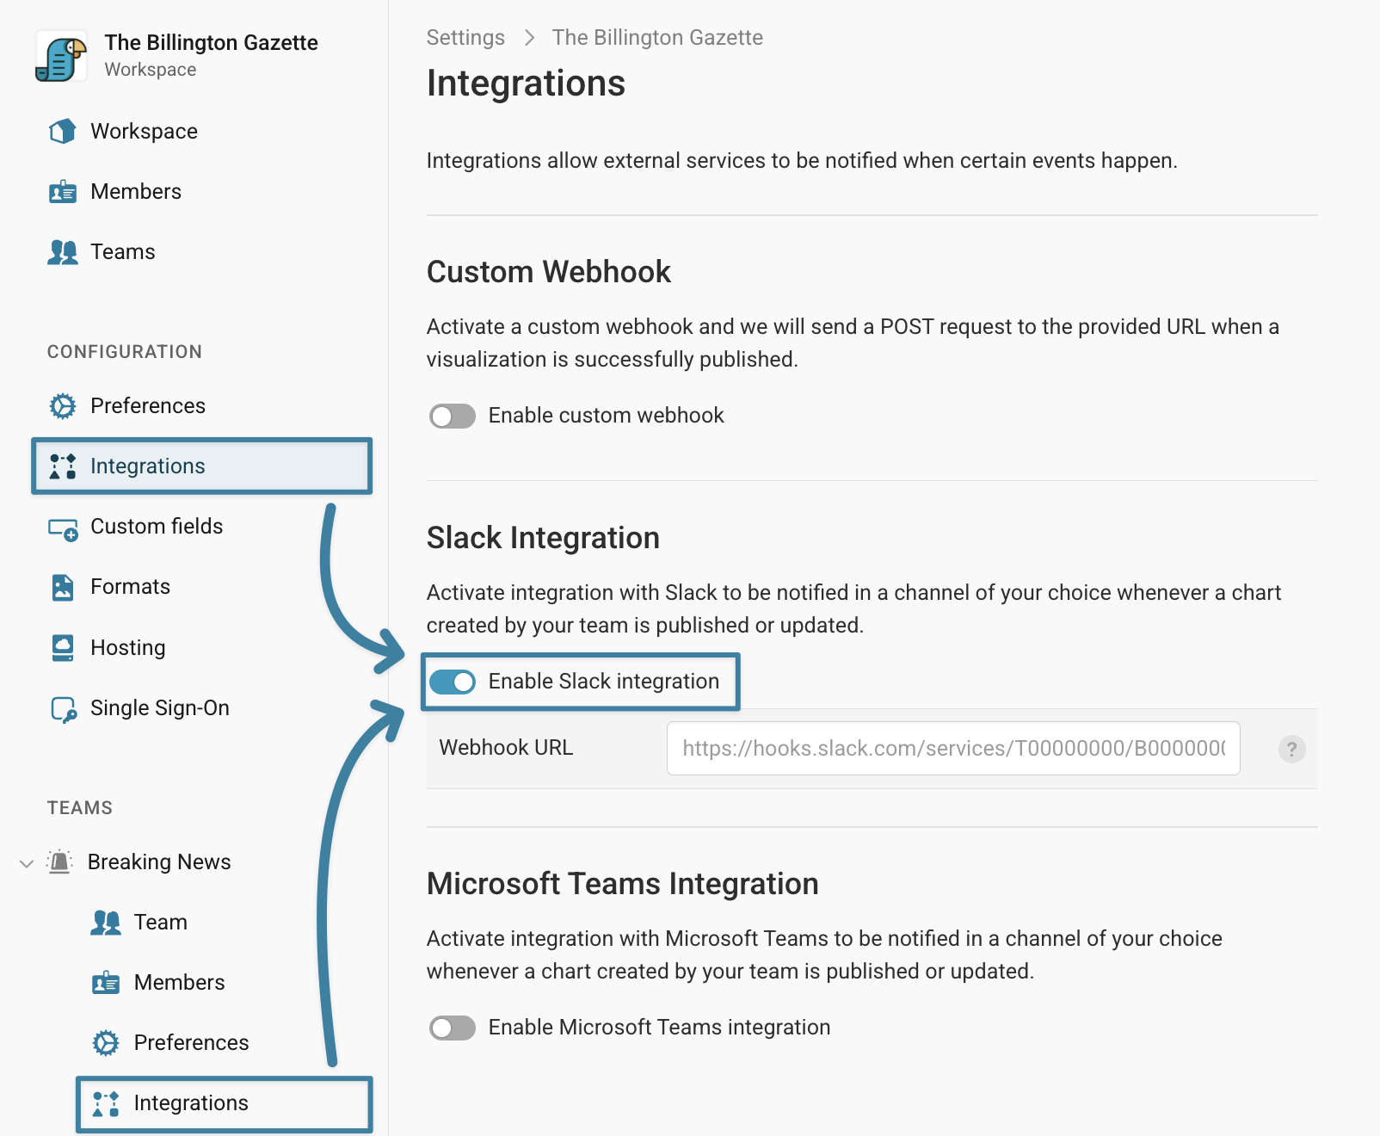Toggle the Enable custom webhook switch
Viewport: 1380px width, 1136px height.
pyautogui.click(x=453, y=417)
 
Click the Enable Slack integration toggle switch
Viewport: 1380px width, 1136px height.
pyautogui.click(x=453, y=682)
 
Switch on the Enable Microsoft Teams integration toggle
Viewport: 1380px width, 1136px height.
pyautogui.click(x=453, y=1028)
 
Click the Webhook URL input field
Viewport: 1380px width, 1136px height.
pyautogui.click(x=953, y=749)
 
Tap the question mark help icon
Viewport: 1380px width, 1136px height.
pyautogui.click(x=1291, y=750)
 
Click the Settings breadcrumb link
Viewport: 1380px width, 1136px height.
pyautogui.click(x=465, y=37)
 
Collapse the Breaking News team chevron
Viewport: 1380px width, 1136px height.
pyautogui.click(x=27, y=864)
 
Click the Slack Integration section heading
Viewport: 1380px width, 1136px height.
pyautogui.click(x=543, y=539)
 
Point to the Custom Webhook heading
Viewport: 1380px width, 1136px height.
pyautogui.click(x=548, y=272)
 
